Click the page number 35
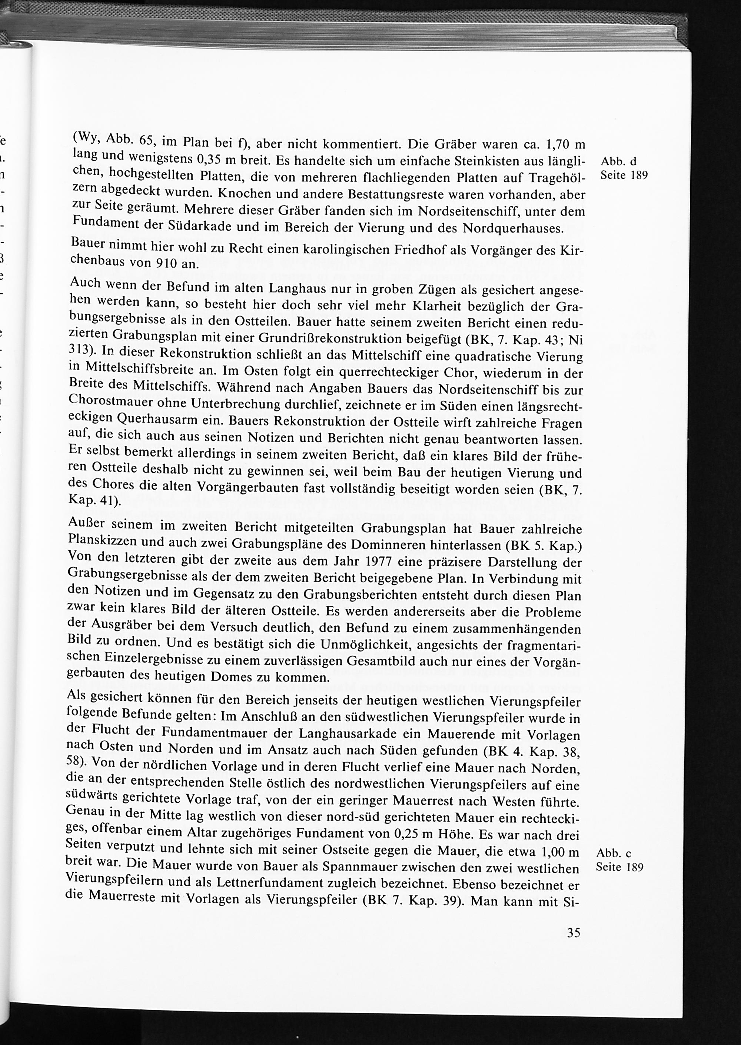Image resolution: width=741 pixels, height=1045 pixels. coord(574,932)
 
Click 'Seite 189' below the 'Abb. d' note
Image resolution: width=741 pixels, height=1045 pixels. coord(624,176)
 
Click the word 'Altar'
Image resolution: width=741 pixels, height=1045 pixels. coord(201,832)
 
